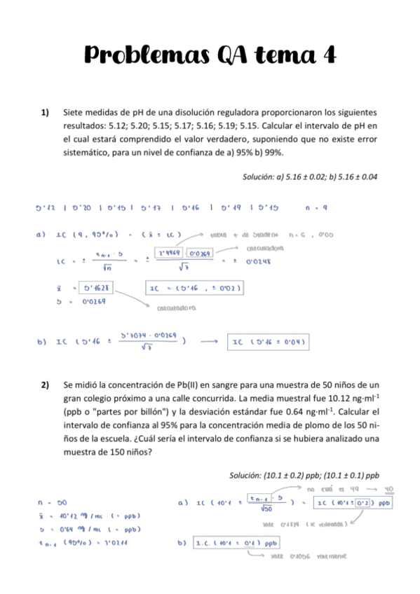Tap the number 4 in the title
327,54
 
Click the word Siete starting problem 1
74,112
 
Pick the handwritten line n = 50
52,502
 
